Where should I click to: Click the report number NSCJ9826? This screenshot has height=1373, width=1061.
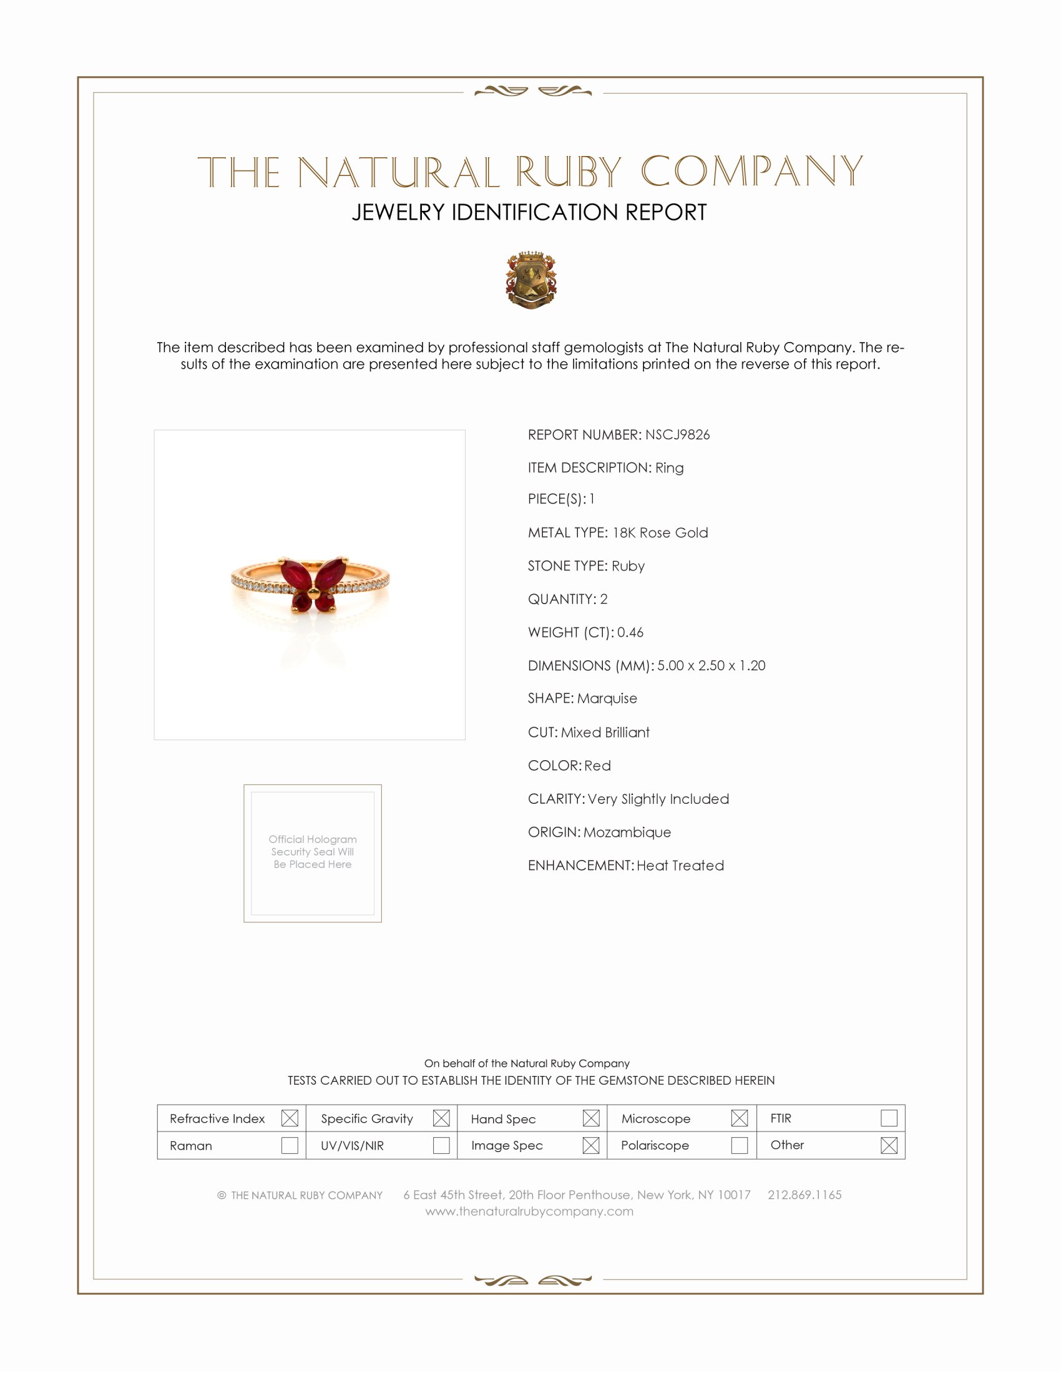pos(677,434)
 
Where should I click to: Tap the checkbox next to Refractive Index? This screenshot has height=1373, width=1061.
pos(289,1118)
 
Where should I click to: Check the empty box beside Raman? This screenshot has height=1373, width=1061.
pos(289,1145)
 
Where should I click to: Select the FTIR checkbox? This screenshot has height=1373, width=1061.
pos(888,1118)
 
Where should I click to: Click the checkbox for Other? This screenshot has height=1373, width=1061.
pos(888,1145)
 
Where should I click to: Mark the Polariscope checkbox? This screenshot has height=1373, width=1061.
pos(739,1145)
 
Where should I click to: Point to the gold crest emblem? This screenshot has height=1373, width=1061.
pos(530,280)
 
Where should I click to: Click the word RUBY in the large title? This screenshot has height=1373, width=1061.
pos(568,172)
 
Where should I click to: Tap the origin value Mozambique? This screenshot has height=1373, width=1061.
pos(627,832)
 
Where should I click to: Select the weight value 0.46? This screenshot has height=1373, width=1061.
pos(630,632)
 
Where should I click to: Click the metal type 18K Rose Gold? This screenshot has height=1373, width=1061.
pos(660,532)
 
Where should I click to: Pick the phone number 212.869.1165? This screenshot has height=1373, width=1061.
pos(804,1195)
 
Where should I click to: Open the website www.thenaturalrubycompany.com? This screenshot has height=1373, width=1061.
pos(529,1211)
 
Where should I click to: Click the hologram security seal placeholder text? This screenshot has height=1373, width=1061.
pos(313,851)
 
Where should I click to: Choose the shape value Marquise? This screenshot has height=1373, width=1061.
pos(607,698)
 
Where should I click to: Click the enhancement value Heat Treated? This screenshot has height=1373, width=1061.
pos(680,865)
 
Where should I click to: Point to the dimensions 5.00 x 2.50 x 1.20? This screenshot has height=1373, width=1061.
pos(711,665)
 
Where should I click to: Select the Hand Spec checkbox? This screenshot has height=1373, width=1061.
pos(590,1118)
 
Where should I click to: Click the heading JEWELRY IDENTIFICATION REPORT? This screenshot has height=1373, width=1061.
pos(529,212)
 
